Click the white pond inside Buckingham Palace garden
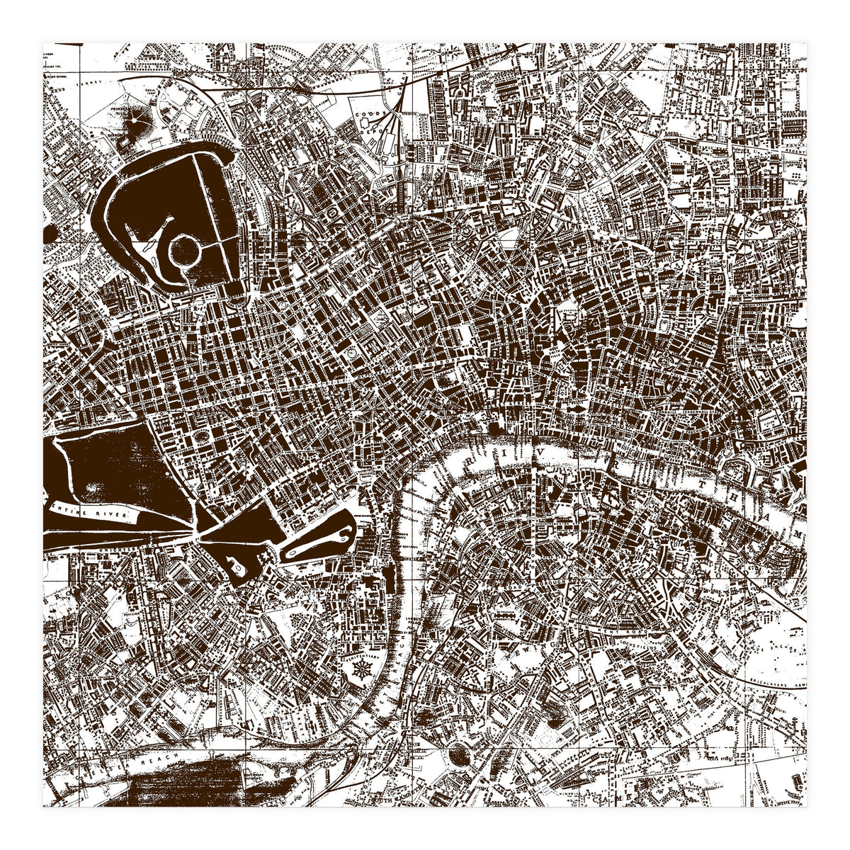click(x=234, y=565)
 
